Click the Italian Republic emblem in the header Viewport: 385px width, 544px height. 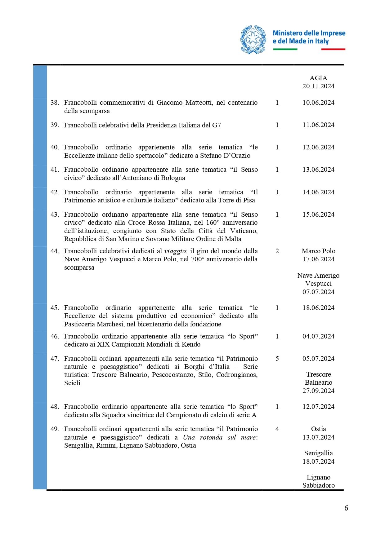(253, 40)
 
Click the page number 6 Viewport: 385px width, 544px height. (346, 508)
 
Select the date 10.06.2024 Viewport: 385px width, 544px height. (318, 103)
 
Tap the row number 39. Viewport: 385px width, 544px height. (55, 125)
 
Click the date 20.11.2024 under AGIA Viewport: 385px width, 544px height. (318, 86)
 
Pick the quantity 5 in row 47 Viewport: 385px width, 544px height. (277, 359)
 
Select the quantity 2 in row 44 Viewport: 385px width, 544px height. (277, 251)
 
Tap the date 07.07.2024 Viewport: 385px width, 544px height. (318, 292)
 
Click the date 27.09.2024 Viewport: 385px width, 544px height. (318, 391)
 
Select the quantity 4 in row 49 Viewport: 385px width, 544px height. (277, 429)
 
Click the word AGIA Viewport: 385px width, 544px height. (318, 78)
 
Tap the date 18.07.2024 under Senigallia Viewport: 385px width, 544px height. (318, 462)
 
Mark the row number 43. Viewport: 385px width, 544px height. (55, 215)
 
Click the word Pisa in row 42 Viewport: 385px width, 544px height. (249, 200)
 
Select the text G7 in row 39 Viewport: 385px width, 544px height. (216, 125)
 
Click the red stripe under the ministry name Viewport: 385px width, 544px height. (333, 49)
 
